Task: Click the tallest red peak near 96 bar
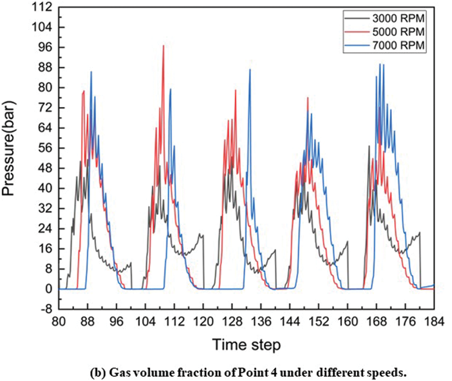coord(163,46)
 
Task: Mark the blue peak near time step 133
coord(250,70)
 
